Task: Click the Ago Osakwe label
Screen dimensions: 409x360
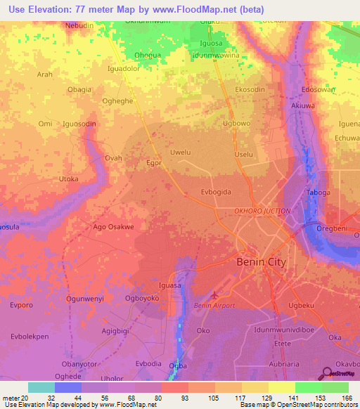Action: click(113, 227)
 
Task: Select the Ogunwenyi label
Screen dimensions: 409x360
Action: click(84, 299)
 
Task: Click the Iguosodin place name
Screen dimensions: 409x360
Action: click(79, 124)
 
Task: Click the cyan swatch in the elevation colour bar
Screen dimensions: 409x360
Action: click(41, 387)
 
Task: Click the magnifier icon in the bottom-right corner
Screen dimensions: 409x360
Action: click(328, 373)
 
